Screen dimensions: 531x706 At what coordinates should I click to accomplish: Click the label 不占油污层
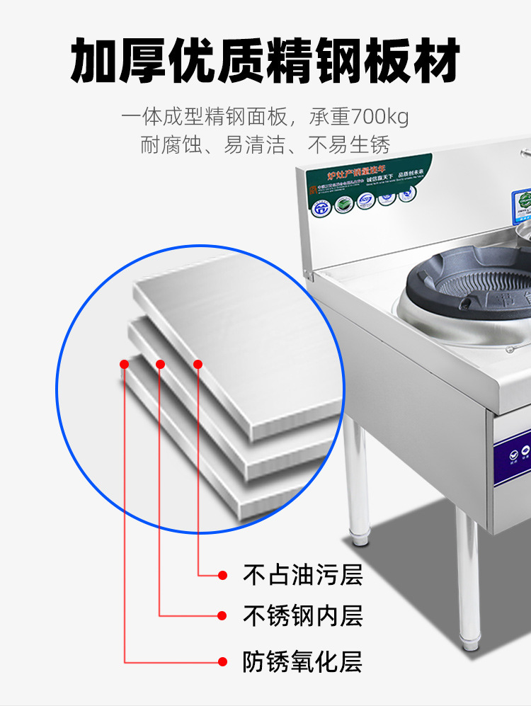click(302, 574)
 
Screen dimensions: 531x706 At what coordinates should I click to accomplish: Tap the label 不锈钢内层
click(302, 615)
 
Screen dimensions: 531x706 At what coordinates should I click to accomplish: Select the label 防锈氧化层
click(302, 662)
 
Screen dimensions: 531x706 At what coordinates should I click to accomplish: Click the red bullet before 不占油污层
click(223, 574)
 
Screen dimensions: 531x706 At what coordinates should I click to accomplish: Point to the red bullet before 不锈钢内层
click(223, 615)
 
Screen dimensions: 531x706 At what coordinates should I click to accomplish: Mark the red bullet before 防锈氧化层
click(223, 662)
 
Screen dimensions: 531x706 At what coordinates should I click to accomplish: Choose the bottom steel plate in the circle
click(212, 460)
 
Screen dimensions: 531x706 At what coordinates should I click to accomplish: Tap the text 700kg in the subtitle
click(379, 115)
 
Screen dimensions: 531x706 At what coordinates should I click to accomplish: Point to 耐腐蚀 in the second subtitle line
click(169, 146)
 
